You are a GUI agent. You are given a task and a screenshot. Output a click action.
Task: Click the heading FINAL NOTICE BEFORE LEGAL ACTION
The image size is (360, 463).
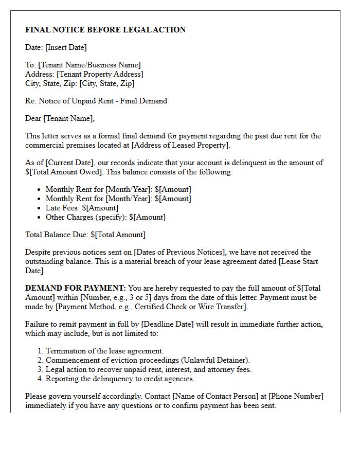[105, 30]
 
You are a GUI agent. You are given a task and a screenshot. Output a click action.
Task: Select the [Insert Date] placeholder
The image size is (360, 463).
[66, 47]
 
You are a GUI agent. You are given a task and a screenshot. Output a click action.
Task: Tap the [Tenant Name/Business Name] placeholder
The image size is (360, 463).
[90, 65]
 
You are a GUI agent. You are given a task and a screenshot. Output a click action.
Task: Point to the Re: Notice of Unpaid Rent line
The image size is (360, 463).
[96, 101]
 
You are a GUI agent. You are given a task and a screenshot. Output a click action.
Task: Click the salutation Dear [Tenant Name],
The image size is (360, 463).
[60, 118]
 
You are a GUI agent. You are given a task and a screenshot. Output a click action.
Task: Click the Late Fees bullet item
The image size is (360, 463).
[82, 208]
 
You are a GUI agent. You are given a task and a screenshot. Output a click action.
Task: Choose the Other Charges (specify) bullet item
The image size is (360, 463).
[105, 217]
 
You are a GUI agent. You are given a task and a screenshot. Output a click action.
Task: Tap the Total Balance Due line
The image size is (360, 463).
[85, 235]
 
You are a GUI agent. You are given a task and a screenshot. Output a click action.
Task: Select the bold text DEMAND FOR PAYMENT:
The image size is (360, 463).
[76, 288]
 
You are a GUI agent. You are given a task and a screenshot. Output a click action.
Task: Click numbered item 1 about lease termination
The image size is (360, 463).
[104, 351]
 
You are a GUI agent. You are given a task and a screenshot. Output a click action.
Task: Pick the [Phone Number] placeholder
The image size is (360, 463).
[296, 396]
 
